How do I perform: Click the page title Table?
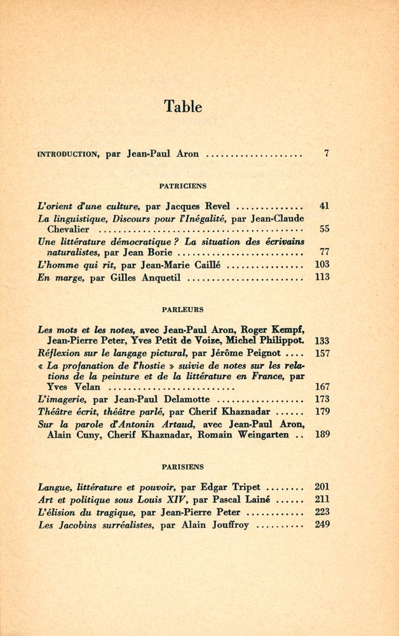tap(183, 106)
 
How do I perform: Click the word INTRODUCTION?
tap(67, 154)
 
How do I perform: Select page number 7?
tap(326, 153)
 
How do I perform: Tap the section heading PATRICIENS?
tap(182, 186)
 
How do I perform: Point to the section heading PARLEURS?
tap(182, 310)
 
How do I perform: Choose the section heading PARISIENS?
tap(182, 466)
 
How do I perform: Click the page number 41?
tap(324, 206)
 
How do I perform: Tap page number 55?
tap(324, 229)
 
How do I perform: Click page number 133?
tap(321, 341)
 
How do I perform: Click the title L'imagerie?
tap(62, 399)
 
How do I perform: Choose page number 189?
tap(321, 435)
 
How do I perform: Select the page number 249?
tap(321, 525)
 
